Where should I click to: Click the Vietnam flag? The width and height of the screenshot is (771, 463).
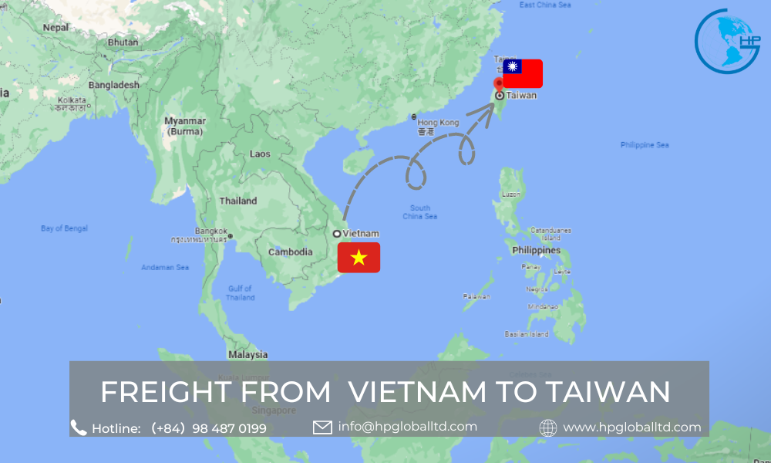(x=359, y=257)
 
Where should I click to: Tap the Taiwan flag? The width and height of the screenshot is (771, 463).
(x=522, y=73)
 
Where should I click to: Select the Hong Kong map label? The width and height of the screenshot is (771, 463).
(x=438, y=123)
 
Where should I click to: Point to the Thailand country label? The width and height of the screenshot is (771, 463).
(x=238, y=201)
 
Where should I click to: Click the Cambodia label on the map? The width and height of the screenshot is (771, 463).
(x=290, y=252)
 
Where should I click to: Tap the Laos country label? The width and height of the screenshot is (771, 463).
(x=260, y=154)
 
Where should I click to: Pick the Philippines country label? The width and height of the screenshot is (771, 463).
(x=537, y=250)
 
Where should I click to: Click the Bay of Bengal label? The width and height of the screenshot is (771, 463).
(x=64, y=228)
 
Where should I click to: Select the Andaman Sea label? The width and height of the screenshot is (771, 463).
(x=165, y=268)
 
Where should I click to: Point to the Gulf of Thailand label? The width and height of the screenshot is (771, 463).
(x=241, y=292)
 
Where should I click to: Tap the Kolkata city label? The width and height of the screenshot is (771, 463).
(x=72, y=100)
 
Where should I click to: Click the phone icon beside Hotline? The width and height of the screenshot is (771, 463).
(x=79, y=428)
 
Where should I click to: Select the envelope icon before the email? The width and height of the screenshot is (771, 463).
(x=322, y=427)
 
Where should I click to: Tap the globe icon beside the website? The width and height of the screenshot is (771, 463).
(x=548, y=428)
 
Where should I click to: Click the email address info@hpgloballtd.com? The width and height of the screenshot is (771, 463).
(x=407, y=426)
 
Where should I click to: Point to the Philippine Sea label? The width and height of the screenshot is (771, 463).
(x=645, y=144)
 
